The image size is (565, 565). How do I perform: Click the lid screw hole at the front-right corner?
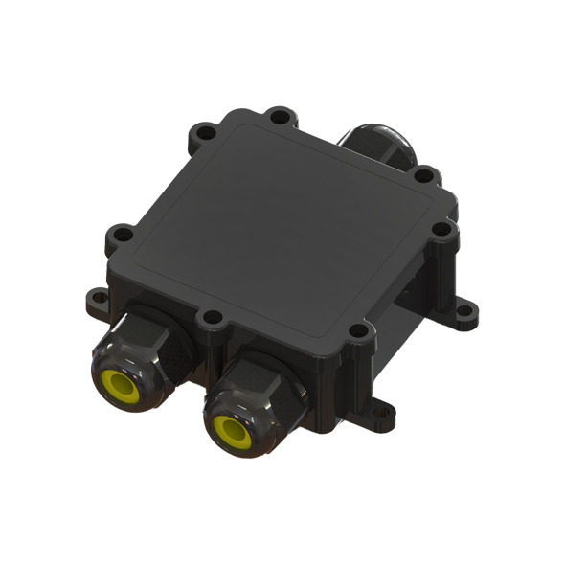(356, 331)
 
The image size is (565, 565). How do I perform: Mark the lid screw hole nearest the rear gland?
(425, 176)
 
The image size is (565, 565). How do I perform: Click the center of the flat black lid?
(282, 225)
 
